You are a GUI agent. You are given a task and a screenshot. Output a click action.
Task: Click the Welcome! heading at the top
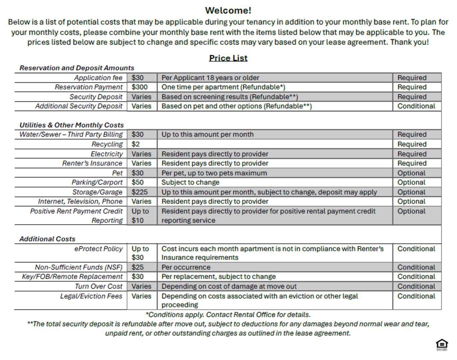[228, 11]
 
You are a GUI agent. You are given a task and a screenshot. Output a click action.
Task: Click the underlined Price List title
[228, 58]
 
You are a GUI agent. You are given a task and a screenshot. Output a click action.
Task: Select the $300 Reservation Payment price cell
[140, 87]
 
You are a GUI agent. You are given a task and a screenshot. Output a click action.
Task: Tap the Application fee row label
[98, 78]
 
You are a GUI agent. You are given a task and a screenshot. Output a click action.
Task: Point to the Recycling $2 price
[136, 144]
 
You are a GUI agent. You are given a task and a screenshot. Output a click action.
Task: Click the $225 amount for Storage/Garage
[140, 192]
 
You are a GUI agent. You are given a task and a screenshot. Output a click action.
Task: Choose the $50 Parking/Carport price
[138, 183]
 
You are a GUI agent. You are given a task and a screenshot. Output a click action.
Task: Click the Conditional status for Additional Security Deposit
[416, 106]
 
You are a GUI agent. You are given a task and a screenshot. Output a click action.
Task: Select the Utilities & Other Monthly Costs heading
[72, 125]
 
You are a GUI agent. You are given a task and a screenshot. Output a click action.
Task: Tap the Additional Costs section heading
[47, 239]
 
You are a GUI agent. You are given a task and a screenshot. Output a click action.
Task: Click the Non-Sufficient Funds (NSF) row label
[79, 267]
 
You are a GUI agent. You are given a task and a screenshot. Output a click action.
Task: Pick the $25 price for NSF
[138, 267]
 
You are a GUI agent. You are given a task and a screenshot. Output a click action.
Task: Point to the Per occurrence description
[186, 267]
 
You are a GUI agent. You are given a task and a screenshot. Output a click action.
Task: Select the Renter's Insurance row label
[92, 163]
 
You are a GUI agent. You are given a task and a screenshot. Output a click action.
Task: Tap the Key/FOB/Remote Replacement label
[72, 277]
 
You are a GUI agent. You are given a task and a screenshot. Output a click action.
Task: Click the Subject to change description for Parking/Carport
[191, 183]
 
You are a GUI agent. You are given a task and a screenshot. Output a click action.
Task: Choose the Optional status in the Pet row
[411, 173]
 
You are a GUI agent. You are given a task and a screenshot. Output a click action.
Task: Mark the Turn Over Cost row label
[99, 286]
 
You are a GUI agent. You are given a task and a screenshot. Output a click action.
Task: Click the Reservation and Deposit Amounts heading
[77, 68]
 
